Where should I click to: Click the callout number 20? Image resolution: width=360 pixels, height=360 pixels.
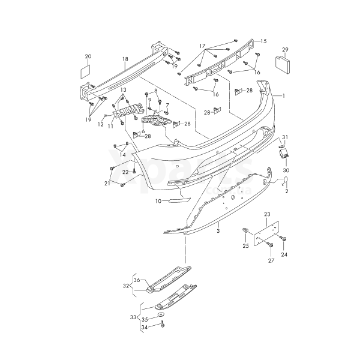(88, 56)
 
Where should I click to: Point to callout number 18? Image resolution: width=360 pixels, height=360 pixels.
(125, 59)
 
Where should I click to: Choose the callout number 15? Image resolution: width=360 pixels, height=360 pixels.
(263, 41)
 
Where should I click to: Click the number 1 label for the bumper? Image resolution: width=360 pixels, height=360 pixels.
(284, 96)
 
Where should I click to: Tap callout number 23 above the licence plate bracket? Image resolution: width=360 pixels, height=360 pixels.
(267, 214)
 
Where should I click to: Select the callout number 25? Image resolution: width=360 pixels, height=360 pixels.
(245, 246)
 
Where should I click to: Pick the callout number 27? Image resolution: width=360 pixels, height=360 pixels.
(271, 261)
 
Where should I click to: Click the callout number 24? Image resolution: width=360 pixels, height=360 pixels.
(284, 254)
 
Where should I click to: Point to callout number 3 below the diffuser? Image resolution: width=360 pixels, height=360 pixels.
(218, 230)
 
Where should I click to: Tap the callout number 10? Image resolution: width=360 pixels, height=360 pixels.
(158, 202)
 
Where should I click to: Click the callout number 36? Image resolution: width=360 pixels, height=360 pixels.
(136, 280)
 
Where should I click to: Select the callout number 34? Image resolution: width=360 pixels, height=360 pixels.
(144, 328)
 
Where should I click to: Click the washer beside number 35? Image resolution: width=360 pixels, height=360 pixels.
(161, 314)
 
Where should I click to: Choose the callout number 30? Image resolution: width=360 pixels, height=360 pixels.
(286, 170)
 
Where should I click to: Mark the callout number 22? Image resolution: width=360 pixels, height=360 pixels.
(125, 172)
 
